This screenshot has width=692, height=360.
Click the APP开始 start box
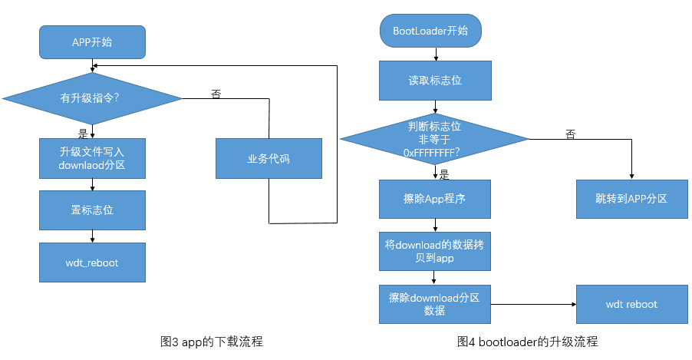[x=91, y=42]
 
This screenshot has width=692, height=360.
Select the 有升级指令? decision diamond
[x=92, y=98]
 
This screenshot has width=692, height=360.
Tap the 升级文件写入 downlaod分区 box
[x=92, y=157]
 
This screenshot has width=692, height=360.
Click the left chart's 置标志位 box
[x=92, y=210]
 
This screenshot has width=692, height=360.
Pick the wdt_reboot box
[x=92, y=263]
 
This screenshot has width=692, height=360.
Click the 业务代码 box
[x=269, y=158]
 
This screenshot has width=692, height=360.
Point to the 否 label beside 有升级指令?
[x=216, y=94]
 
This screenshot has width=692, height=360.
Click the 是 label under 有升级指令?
[x=84, y=133]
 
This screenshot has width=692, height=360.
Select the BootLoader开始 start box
[x=435, y=31]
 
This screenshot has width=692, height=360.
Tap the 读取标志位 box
[x=435, y=80]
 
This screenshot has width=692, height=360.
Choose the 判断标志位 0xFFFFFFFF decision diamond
[x=435, y=139]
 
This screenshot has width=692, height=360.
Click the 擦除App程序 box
[x=435, y=198]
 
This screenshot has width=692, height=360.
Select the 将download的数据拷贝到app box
[x=435, y=251]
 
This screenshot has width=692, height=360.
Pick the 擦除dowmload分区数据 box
[x=435, y=304]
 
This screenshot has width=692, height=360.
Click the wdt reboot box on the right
[x=631, y=304]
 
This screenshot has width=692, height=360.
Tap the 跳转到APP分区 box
[x=631, y=198]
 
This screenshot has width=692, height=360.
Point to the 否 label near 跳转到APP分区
[x=570, y=134]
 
